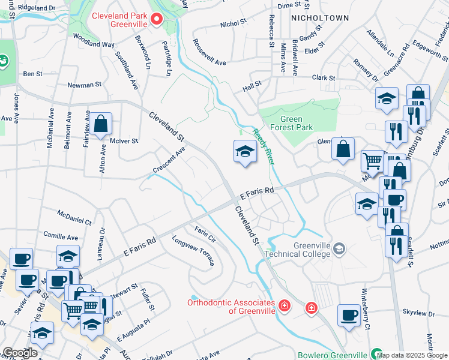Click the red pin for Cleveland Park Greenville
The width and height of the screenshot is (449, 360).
(x=157, y=19)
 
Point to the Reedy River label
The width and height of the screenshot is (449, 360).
(x=263, y=147)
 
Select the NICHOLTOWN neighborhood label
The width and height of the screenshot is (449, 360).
(x=319, y=18)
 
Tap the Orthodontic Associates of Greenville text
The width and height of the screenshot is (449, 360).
(x=231, y=307)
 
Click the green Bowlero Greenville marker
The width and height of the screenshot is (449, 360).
(x=376, y=354)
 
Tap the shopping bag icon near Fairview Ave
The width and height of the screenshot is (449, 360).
(x=102, y=124)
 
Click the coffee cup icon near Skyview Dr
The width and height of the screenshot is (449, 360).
(x=349, y=315)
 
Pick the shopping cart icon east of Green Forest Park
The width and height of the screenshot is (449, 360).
(x=373, y=161)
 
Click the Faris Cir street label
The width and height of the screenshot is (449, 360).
(x=205, y=235)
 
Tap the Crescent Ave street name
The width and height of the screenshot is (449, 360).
(x=169, y=160)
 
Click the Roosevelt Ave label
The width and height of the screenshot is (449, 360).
(x=209, y=53)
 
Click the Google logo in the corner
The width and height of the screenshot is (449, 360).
(x=19, y=353)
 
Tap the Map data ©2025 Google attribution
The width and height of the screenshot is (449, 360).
(x=412, y=355)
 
